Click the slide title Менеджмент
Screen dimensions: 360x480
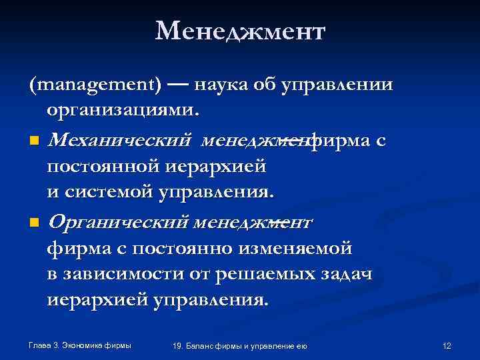coord(240,31)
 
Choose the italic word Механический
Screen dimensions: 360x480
coord(120,141)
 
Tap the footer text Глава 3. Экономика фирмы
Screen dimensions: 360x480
coord(80,345)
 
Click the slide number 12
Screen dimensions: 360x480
coord(447,345)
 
